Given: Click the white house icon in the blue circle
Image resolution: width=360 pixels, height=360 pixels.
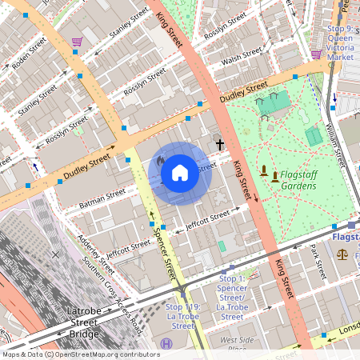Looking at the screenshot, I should pos(180,173).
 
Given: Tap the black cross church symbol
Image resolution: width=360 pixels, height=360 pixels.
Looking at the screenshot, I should pos(220,145).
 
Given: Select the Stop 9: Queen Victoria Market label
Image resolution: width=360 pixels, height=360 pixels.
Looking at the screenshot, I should pos(340,43).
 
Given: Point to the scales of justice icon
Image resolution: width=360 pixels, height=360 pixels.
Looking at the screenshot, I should pos(343,254).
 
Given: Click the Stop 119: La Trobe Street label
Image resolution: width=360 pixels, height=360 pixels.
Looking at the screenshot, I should pos(183,316).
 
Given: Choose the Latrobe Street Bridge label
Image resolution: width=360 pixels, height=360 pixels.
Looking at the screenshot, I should pos(83,322).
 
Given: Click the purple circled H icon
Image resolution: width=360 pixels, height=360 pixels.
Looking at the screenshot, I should pos(166,344).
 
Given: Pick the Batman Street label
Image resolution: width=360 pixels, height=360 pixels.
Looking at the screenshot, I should pos(103,198).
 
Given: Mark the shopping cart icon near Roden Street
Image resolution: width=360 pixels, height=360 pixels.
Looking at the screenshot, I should pos(77,42).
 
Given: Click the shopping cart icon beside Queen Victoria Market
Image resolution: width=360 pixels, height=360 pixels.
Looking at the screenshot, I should pos(316,54).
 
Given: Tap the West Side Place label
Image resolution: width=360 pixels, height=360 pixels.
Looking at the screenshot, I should pos(237,344).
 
